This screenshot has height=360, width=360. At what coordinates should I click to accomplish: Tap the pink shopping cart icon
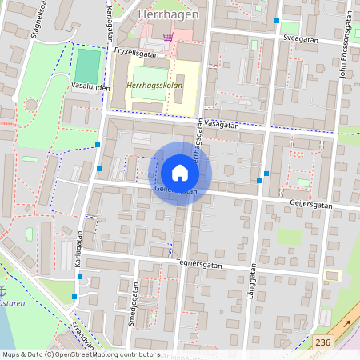coord(168,36)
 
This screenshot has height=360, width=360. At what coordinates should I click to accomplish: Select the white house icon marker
coord(179,173)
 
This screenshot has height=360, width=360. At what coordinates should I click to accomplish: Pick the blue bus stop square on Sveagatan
coord(277,21)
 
